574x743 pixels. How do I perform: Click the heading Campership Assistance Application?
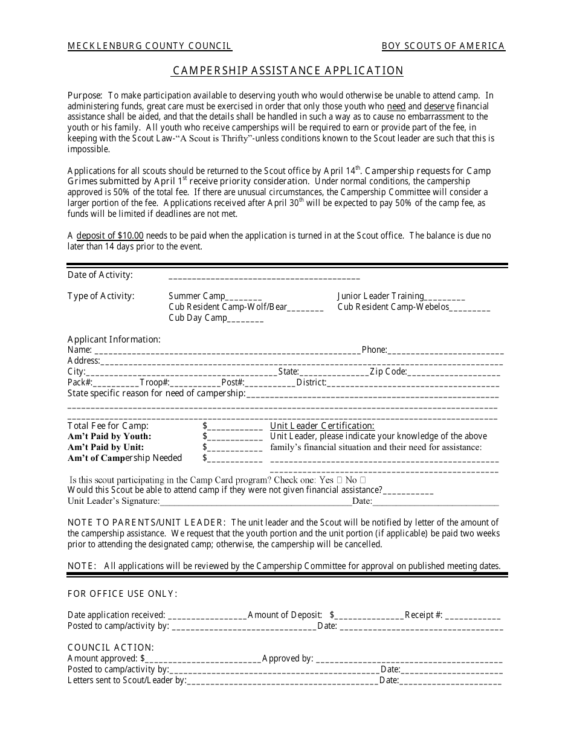click(x=288, y=71)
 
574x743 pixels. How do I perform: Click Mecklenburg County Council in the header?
click(x=149, y=46)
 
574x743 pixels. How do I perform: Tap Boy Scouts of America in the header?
click(x=443, y=46)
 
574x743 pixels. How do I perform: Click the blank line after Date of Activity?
click(x=264, y=277)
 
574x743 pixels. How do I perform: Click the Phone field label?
click(x=373, y=350)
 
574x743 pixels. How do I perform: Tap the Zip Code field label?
click(x=387, y=372)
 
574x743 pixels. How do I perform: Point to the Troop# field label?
click(x=153, y=382)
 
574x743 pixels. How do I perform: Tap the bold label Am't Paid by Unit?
click(x=106, y=447)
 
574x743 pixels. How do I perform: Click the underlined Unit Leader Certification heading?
click(x=322, y=426)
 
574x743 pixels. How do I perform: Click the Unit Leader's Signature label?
click(x=113, y=501)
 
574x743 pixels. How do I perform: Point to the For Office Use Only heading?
click(x=122, y=594)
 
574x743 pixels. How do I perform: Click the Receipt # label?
click(x=423, y=615)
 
